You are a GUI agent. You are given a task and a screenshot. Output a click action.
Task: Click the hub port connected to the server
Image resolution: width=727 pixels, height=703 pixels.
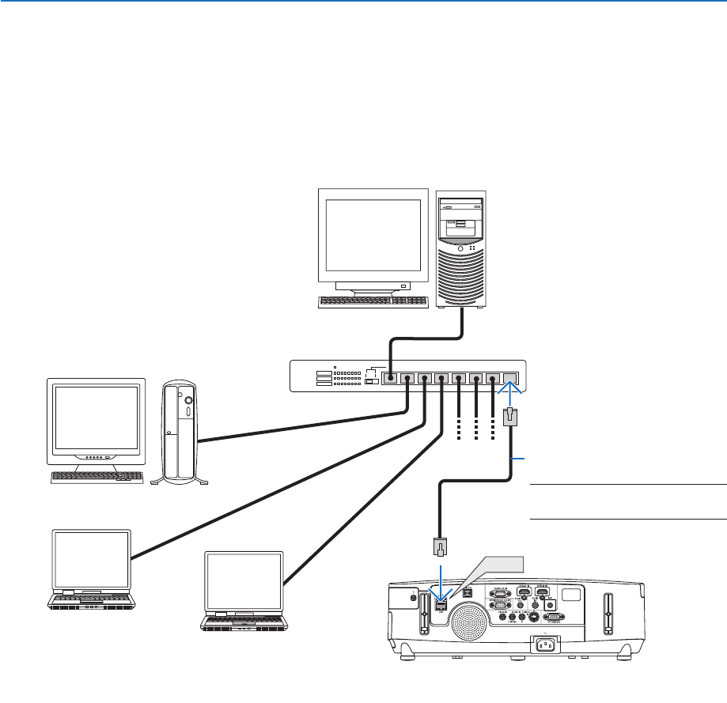(390, 378)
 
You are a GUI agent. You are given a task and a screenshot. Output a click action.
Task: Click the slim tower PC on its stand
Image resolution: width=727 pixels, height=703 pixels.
(179, 432)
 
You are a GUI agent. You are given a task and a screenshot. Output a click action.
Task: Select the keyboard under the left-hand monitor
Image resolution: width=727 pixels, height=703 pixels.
(97, 478)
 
